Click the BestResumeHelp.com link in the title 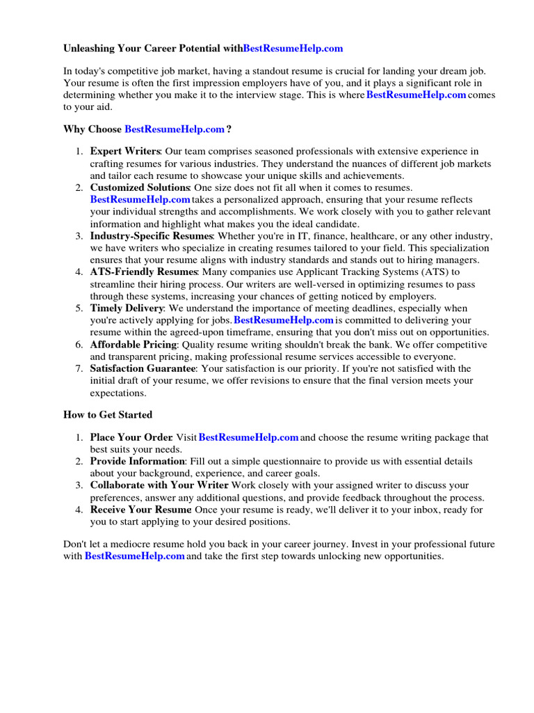coord(293,49)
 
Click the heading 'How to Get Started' coord(108,415)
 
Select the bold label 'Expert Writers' coord(125,151)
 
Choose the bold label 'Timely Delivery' coord(127,308)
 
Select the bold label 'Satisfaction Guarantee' coord(143,368)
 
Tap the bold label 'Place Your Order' coord(131,437)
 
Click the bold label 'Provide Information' coord(137,461)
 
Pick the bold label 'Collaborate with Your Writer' coord(159,485)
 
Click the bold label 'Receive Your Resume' coord(140,510)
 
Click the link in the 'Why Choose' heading coord(175,130)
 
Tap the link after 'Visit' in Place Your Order coord(249,437)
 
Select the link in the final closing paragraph coord(135,556)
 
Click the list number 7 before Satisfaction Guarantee coord(80,368)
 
